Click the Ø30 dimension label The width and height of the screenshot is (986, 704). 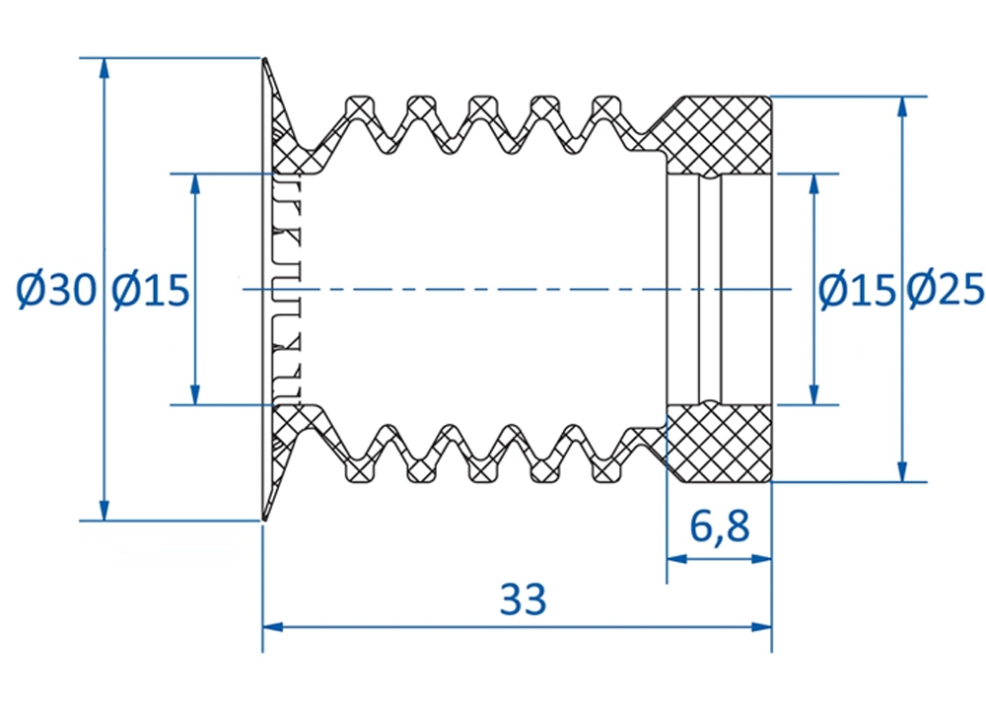click(x=56, y=290)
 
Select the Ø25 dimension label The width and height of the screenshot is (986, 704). click(x=946, y=290)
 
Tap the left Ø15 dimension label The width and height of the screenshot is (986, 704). click(x=150, y=290)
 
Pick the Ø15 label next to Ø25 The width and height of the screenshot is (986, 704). click(x=857, y=290)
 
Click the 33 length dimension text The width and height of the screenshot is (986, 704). click(x=524, y=599)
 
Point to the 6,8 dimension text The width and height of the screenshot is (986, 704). click(x=720, y=527)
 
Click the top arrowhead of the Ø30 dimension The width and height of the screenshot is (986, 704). click(x=106, y=68)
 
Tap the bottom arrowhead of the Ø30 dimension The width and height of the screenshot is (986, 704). click(x=106, y=510)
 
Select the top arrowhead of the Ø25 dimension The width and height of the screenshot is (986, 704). click(x=902, y=107)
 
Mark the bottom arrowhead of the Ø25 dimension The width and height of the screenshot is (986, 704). click(x=902, y=471)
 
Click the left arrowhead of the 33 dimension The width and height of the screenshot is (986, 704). click(x=273, y=627)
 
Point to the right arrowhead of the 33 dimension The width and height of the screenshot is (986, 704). click(x=761, y=627)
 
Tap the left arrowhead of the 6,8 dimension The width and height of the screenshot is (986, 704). click(x=677, y=558)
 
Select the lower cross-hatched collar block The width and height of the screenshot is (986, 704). click(x=718, y=444)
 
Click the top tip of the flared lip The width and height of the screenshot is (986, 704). click(x=265, y=59)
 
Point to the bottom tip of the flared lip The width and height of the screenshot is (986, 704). click(x=264, y=520)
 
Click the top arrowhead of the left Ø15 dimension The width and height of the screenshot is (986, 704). click(x=195, y=184)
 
